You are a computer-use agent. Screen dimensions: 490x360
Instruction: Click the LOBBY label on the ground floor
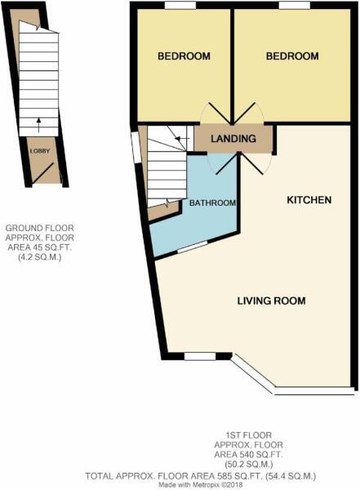point(38,151)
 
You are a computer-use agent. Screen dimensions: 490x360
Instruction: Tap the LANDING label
point(233,139)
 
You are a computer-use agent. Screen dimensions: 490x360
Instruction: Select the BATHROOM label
point(212,203)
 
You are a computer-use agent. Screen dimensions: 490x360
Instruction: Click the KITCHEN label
point(309,199)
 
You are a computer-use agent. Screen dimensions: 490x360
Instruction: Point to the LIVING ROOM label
point(271,301)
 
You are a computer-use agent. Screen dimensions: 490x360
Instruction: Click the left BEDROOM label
point(184,56)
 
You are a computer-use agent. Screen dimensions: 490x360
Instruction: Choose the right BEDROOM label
point(292,56)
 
